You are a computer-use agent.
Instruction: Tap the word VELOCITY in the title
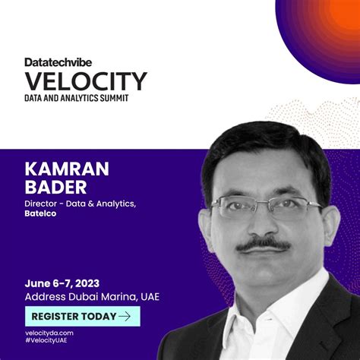tap(85, 81)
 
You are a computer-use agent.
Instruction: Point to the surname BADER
tap(56, 186)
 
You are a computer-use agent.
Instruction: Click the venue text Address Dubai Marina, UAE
tap(92, 296)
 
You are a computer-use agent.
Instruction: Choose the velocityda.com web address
tap(49, 333)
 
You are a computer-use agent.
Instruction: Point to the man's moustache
tap(263, 245)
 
